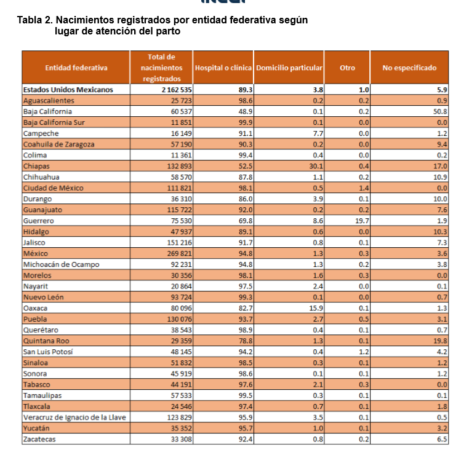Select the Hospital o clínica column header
[223, 68]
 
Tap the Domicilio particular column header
[289, 68]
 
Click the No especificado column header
[409, 68]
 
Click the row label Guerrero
[38, 221]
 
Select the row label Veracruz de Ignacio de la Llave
[74, 417]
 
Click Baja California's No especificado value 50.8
[439, 111]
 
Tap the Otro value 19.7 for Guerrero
[362, 221]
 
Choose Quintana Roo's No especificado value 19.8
[439, 341]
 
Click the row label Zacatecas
[39, 439]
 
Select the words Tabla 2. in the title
[34, 20]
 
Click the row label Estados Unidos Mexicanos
[68, 90]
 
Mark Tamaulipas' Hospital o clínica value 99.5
[246, 395]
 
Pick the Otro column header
[348, 68]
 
